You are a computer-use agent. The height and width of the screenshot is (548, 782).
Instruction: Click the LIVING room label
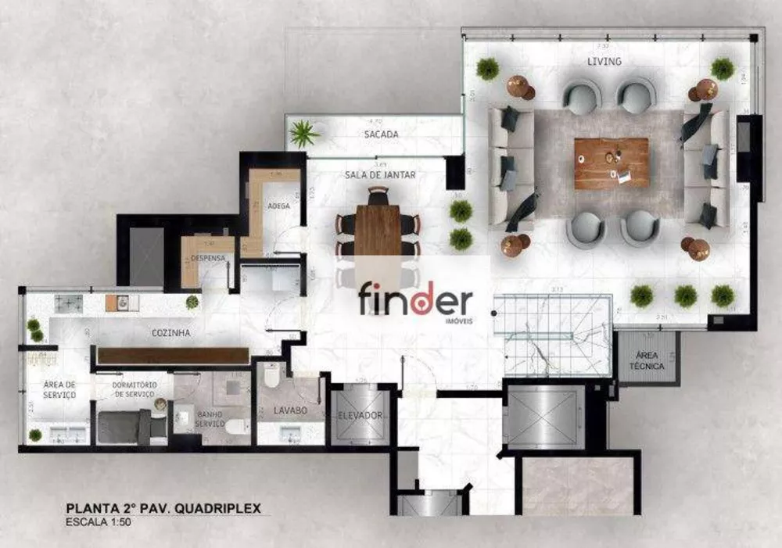[x=604, y=61]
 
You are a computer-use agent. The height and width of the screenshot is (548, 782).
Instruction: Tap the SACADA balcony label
[x=382, y=134]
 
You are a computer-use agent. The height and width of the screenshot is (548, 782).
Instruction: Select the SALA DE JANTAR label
[x=380, y=175]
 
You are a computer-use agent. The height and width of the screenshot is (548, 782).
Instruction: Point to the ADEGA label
[x=278, y=206]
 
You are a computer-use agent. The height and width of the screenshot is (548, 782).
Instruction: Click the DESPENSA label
[x=208, y=258]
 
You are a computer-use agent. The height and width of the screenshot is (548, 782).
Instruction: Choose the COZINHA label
[x=172, y=333]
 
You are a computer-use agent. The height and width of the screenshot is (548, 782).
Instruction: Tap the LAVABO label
[x=289, y=410]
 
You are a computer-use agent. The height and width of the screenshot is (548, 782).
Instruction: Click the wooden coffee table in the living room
[x=612, y=163]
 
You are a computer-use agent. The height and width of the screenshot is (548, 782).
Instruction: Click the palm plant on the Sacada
[x=303, y=134]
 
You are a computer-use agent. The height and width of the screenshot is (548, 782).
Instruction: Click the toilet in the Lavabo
[x=271, y=375]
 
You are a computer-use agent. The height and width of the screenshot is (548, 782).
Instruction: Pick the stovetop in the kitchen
[x=69, y=303]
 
